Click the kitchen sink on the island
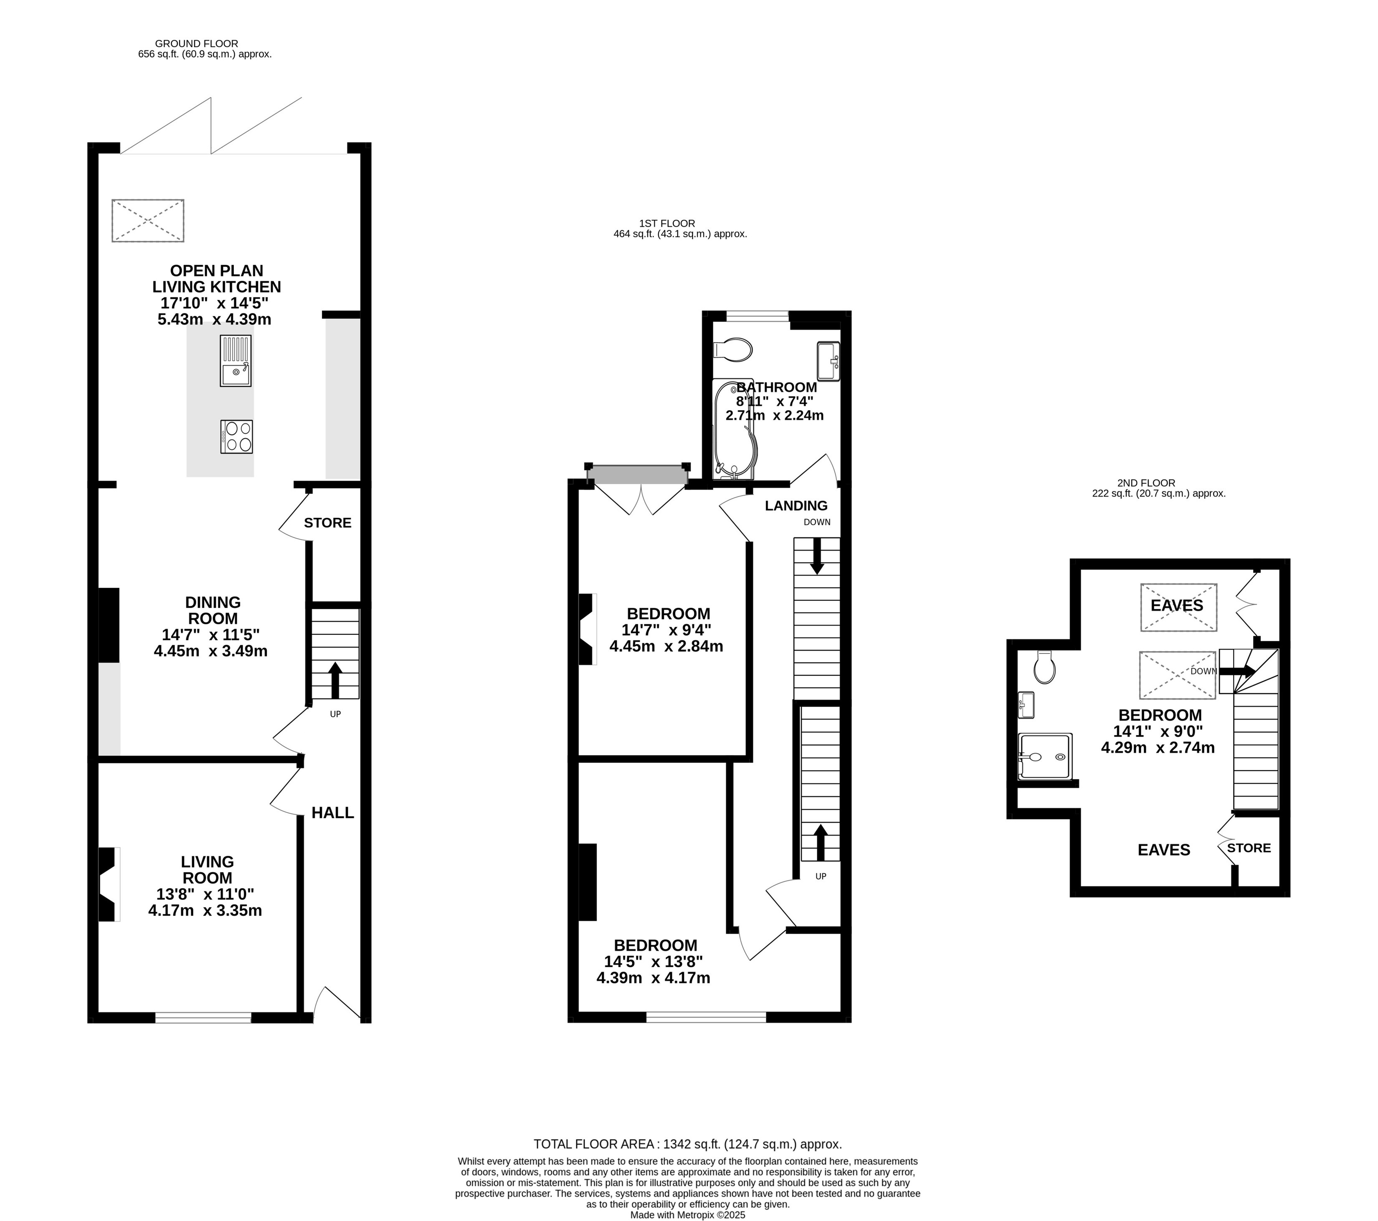pyautogui.click(x=235, y=361)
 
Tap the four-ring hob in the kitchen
pyautogui.click(x=237, y=436)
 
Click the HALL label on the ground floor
pyautogui.click(x=332, y=813)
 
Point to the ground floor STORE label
pyautogui.click(x=328, y=523)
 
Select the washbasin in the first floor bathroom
pyautogui.click(x=828, y=361)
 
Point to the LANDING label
pyautogui.click(x=796, y=506)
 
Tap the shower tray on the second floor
pyautogui.click(x=1044, y=756)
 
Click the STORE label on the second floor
pyautogui.click(x=1249, y=848)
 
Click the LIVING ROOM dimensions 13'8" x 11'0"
pyautogui.click(x=205, y=895)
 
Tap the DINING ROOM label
pyautogui.click(x=213, y=610)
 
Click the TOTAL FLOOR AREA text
pyautogui.click(x=688, y=1144)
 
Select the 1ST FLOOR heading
pyautogui.click(x=667, y=223)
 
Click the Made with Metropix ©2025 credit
pyautogui.click(x=688, y=1215)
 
